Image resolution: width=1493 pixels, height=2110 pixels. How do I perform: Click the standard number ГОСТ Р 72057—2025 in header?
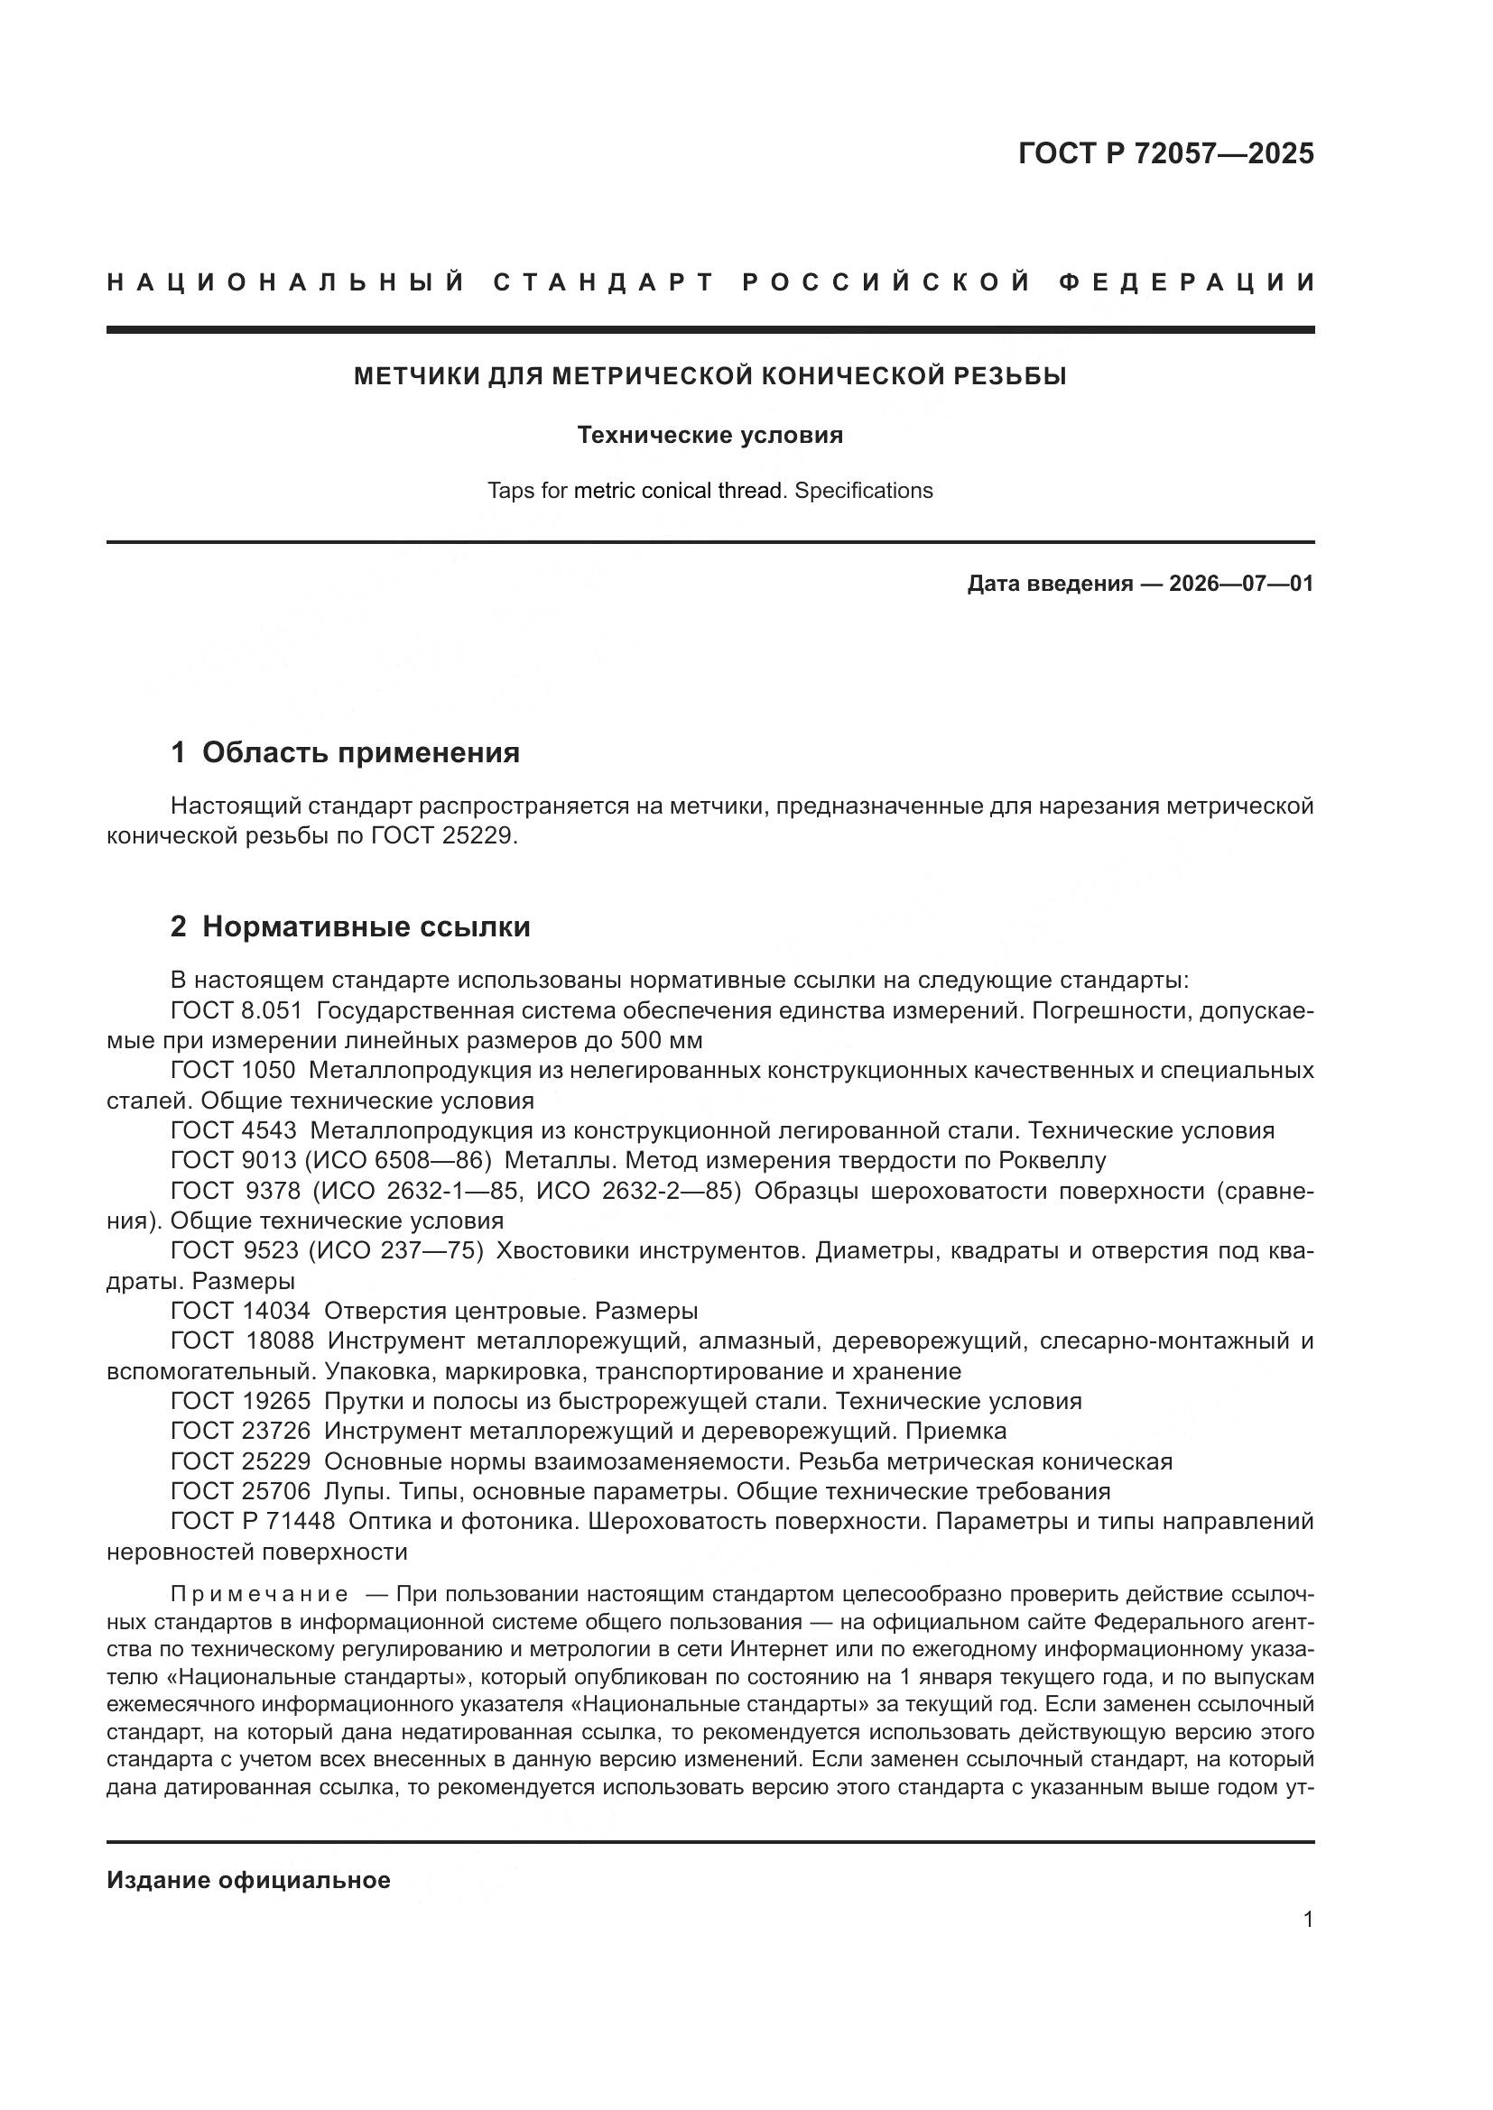1165,153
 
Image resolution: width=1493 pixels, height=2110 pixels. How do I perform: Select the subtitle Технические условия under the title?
709,435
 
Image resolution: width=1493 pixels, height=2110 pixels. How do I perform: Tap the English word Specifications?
863,491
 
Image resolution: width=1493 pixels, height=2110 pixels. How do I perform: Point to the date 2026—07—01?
1240,584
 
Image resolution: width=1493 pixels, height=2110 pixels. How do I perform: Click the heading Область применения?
360,752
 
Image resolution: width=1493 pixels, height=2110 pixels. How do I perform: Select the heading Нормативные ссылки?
366,926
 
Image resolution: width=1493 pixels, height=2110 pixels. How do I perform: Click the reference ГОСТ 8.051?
236,1011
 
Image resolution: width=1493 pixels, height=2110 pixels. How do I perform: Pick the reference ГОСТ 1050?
233,1071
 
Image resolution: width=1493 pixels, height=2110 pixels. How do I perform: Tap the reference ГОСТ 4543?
234,1130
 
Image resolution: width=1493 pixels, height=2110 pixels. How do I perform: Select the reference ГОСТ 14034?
240,1311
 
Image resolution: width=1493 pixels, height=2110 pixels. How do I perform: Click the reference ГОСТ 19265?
240,1402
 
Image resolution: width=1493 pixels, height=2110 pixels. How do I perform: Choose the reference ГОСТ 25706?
240,1490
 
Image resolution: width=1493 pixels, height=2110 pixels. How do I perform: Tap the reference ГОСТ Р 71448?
253,1521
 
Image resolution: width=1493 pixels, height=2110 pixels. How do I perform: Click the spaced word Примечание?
259,1593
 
